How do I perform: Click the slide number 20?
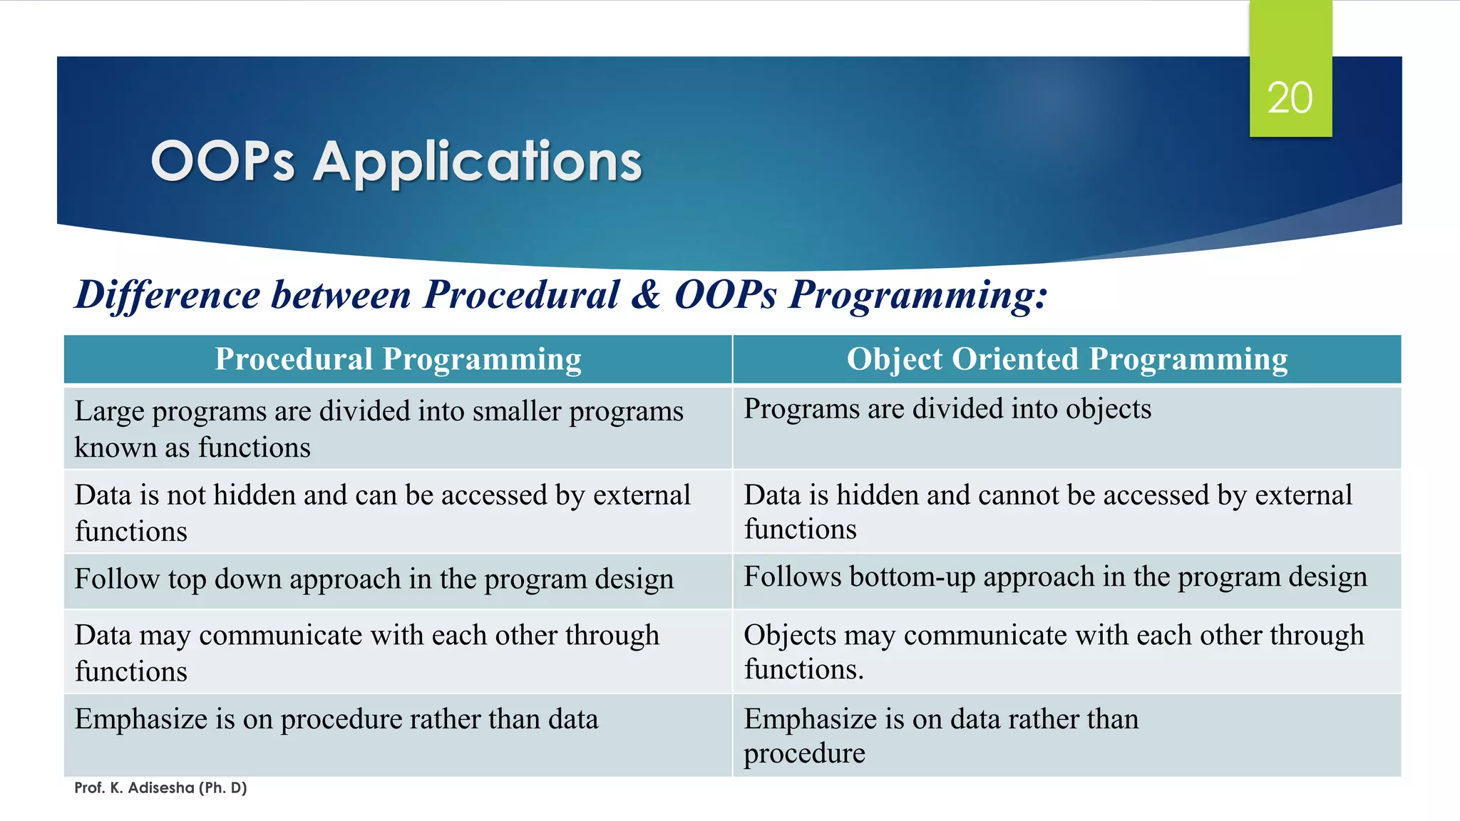(x=1290, y=98)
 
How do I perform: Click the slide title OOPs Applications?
(x=396, y=161)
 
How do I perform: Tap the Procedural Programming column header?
(x=398, y=359)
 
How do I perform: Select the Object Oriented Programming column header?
(x=1066, y=359)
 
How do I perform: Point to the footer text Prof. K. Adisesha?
(x=160, y=788)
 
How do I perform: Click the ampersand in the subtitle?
(x=646, y=295)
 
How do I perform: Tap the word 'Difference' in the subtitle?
(x=168, y=295)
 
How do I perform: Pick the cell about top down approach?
(x=374, y=579)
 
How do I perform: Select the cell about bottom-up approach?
(x=1055, y=577)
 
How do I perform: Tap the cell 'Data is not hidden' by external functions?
(x=382, y=512)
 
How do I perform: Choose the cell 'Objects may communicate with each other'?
(x=1054, y=651)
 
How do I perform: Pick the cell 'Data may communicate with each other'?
(x=366, y=652)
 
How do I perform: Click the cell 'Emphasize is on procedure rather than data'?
(x=336, y=720)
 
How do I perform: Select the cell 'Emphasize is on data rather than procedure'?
(x=941, y=735)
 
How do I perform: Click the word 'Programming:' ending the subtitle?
(x=918, y=295)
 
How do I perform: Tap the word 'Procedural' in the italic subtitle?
(x=521, y=295)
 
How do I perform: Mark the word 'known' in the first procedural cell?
(x=115, y=448)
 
